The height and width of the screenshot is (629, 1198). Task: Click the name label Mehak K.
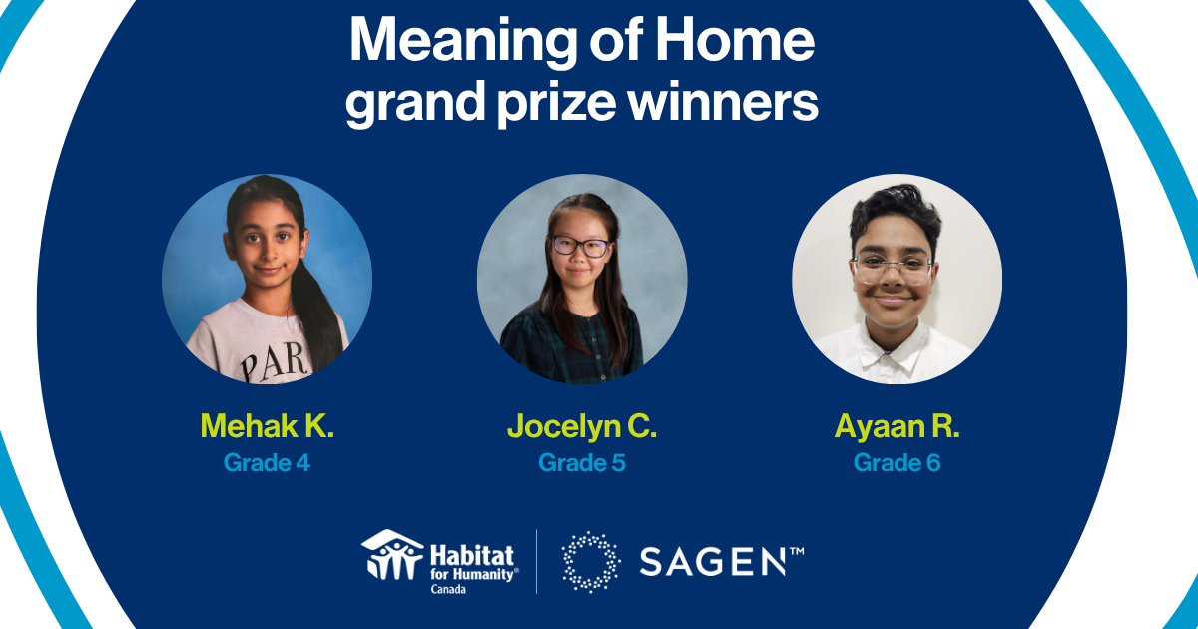tap(267, 426)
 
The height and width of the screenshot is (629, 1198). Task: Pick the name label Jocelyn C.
tap(582, 427)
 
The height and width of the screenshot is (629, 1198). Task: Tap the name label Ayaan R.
tap(897, 426)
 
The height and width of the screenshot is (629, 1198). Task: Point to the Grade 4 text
tap(267, 463)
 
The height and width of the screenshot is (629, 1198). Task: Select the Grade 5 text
tap(582, 463)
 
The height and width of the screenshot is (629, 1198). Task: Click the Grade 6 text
tap(897, 463)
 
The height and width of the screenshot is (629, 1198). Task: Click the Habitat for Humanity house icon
tap(392, 554)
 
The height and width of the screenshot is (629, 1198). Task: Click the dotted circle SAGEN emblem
tap(590, 561)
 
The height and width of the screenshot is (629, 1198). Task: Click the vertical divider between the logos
tap(537, 561)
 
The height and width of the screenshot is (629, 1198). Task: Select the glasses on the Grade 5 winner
tap(579, 246)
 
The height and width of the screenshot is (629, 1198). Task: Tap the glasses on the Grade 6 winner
tap(892, 268)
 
